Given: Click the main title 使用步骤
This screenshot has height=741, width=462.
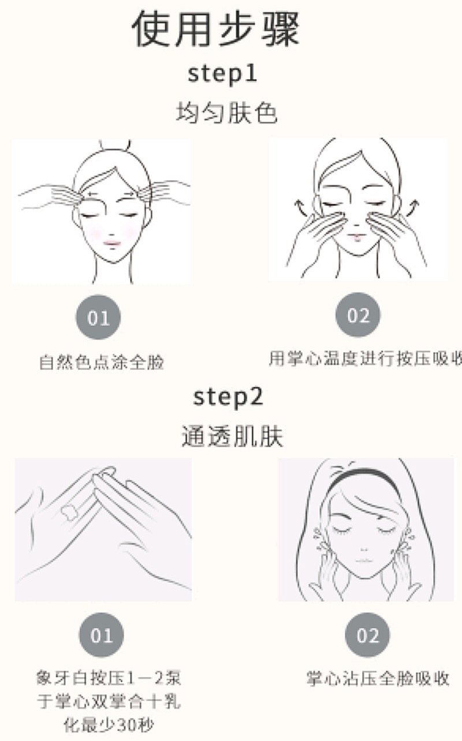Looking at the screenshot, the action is (x=216, y=28).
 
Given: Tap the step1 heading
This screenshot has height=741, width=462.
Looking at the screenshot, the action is (x=222, y=73).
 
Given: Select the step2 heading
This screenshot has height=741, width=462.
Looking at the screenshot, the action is (x=228, y=397).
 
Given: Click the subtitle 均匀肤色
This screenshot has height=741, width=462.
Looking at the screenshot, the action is (x=227, y=113).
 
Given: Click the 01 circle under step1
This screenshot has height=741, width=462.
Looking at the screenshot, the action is (x=98, y=317).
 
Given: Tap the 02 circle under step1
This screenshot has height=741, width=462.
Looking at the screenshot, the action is (x=358, y=315).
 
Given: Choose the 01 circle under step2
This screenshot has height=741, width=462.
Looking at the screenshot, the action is (x=101, y=635).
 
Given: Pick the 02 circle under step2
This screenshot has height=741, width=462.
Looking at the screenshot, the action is (x=367, y=635).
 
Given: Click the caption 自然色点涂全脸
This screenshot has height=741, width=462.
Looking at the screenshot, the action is (x=102, y=362).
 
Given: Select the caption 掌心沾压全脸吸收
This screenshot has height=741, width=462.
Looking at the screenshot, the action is (x=378, y=679).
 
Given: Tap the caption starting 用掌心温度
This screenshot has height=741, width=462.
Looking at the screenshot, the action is (x=366, y=358).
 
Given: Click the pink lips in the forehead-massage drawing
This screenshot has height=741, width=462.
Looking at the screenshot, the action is (x=112, y=244).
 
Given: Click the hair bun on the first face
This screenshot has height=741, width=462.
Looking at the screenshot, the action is (x=114, y=145).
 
